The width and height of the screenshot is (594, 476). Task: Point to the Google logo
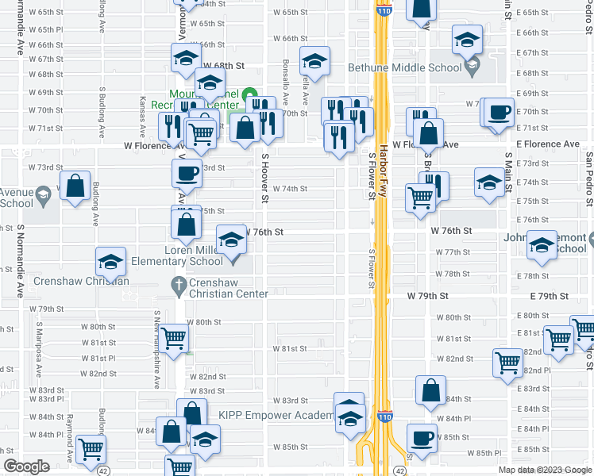(x=26, y=466)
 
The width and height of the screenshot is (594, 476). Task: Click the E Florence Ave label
(x=547, y=144)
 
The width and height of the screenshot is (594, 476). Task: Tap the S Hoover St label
(x=265, y=178)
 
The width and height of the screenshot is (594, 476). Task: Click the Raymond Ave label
(x=70, y=436)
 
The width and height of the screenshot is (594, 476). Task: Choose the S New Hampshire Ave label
(x=156, y=349)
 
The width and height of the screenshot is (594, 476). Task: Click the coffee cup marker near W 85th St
(x=422, y=438)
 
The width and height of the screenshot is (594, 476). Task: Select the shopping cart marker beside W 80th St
(x=173, y=339)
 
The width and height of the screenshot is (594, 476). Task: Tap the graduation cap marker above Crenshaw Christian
(x=110, y=261)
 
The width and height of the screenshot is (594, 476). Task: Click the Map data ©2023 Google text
(x=545, y=470)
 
